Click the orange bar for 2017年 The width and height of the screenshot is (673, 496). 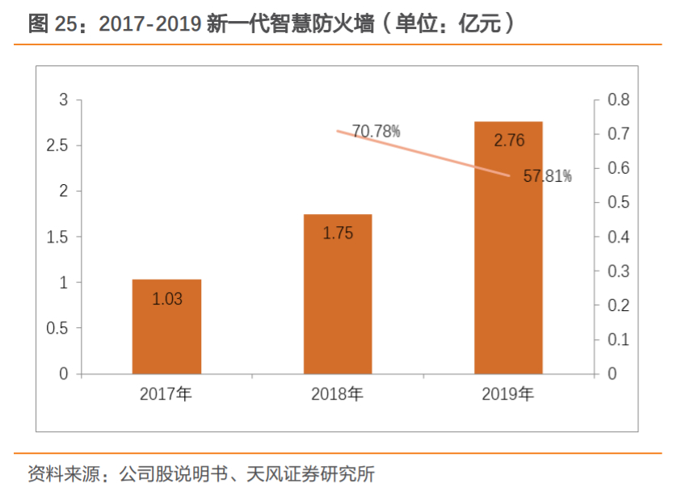[x=166, y=326]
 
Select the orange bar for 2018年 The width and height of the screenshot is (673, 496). [x=338, y=294]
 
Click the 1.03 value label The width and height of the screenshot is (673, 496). [x=167, y=299]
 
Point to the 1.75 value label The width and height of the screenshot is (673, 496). [x=338, y=233]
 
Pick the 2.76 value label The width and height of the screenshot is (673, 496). [x=509, y=141]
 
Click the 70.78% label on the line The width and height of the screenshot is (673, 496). [x=376, y=131]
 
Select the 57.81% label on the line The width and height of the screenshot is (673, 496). [x=547, y=176]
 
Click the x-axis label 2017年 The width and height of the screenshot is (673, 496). [x=166, y=395]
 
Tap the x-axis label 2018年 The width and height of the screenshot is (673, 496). [x=337, y=395]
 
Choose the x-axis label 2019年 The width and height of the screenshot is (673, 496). [x=508, y=395]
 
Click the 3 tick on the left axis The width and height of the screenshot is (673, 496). [x=64, y=100]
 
